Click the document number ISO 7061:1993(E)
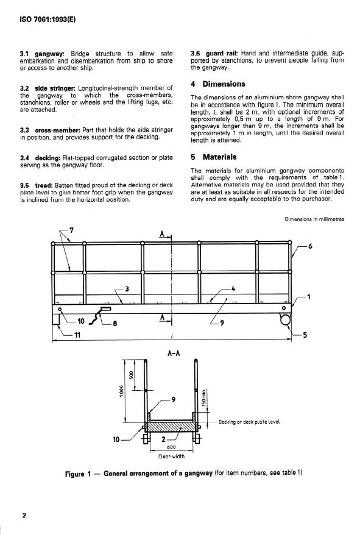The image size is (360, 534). pyautogui.click(x=48, y=20)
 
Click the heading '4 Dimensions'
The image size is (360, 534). pyautogui.click(x=218, y=84)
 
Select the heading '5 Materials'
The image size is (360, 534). pyautogui.click(x=213, y=157)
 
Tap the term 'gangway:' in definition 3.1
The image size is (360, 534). pyautogui.click(x=50, y=54)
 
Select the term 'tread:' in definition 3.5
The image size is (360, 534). pyautogui.click(x=44, y=185)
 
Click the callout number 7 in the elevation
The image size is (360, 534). pyautogui.click(x=72, y=230)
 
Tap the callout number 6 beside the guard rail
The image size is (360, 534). pyautogui.click(x=310, y=246)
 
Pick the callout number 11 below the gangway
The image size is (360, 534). pyautogui.click(x=77, y=335)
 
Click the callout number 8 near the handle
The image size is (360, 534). pyautogui.click(x=115, y=323)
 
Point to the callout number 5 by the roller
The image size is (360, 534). pyautogui.click(x=305, y=335)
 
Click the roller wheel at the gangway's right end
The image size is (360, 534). pyautogui.click(x=286, y=319)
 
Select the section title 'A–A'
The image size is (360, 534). pyautogui.click(x=174, y=354)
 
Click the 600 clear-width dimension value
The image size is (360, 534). pyautogui.click(x=172, y=447)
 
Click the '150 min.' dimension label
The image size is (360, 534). pyautogui.click(x=204, y=397)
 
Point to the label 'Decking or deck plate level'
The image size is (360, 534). pyautogui.click(x=249, y=422)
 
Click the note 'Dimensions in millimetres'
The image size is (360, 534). pyautogui.click(x=314, y=219)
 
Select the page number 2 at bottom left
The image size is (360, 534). pyautogui.click(x=24, y=515)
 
